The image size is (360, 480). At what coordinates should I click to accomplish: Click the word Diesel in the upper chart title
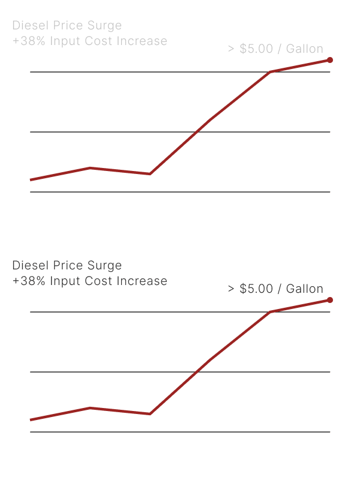coord(27,26)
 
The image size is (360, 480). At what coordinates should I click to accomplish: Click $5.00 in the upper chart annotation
coord(256,49)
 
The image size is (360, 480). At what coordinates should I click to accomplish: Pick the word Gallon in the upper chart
coord(304,49)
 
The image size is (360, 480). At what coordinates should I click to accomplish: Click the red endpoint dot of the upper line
coord(330,60)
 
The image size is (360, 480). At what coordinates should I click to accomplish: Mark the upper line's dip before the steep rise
coord(149,174)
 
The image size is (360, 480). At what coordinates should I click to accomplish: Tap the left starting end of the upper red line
coord(31,179)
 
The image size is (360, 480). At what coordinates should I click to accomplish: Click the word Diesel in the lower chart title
coord(27,265)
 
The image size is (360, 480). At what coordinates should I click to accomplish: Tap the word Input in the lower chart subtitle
coord(65,281)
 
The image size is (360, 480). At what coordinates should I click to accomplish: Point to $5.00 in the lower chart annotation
coord(256,289)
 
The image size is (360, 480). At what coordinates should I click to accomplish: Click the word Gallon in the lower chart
coord(304,289)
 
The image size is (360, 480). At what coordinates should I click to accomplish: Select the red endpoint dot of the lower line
coord(330,300)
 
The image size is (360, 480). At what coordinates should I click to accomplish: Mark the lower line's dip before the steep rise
coord(149,414)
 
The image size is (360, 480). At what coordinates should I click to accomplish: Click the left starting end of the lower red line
coord(31,419)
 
